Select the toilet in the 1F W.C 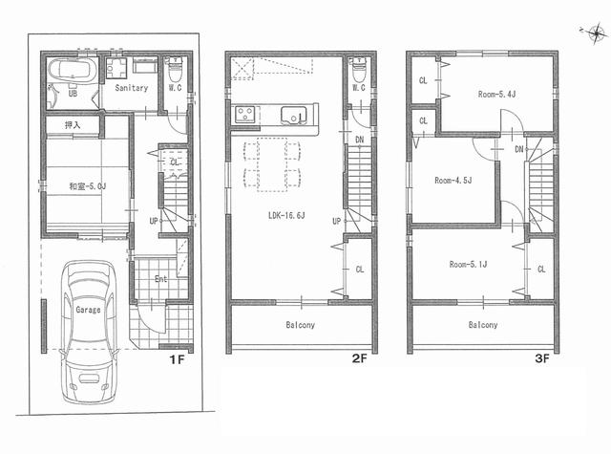click(177, 73)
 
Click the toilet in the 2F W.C click(358, 72)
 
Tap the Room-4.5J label click(453, 180)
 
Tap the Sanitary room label click(131, 87)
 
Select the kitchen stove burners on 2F click(243, 115)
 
